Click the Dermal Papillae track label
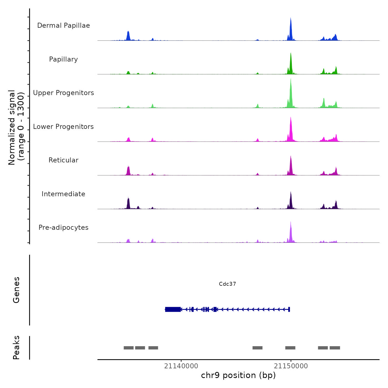pyautogui.click(x=63, y=25)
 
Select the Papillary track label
pyautogui.click(x=63, y=59)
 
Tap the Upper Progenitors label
pyautogui.click(x=63, y=93)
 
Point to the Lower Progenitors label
pyautogui.click(x=63, y=127)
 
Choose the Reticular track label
pyautogui.click(x=63, y=160)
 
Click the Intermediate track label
pyautogui.click(x=63, y=194)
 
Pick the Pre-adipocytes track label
pyautogui.click(x=63, y=228)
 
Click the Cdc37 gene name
pyautogui.click(x=227, y=284)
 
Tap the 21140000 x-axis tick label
pyautogui.click(x=181, y=366)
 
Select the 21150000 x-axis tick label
pyautogui.click(x=291, y=366)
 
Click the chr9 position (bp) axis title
pyautogui.click(x=238, y=375)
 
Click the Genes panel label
pyautogui.click(x=16, y=290)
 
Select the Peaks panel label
pyautogui.click(x=16, y=348)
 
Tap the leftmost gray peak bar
pyautogui.click(x=129, y=348)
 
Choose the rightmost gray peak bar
pyautogui.click(x=335, y=348)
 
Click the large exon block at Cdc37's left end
pyautogui.click(x=173, y=309)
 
